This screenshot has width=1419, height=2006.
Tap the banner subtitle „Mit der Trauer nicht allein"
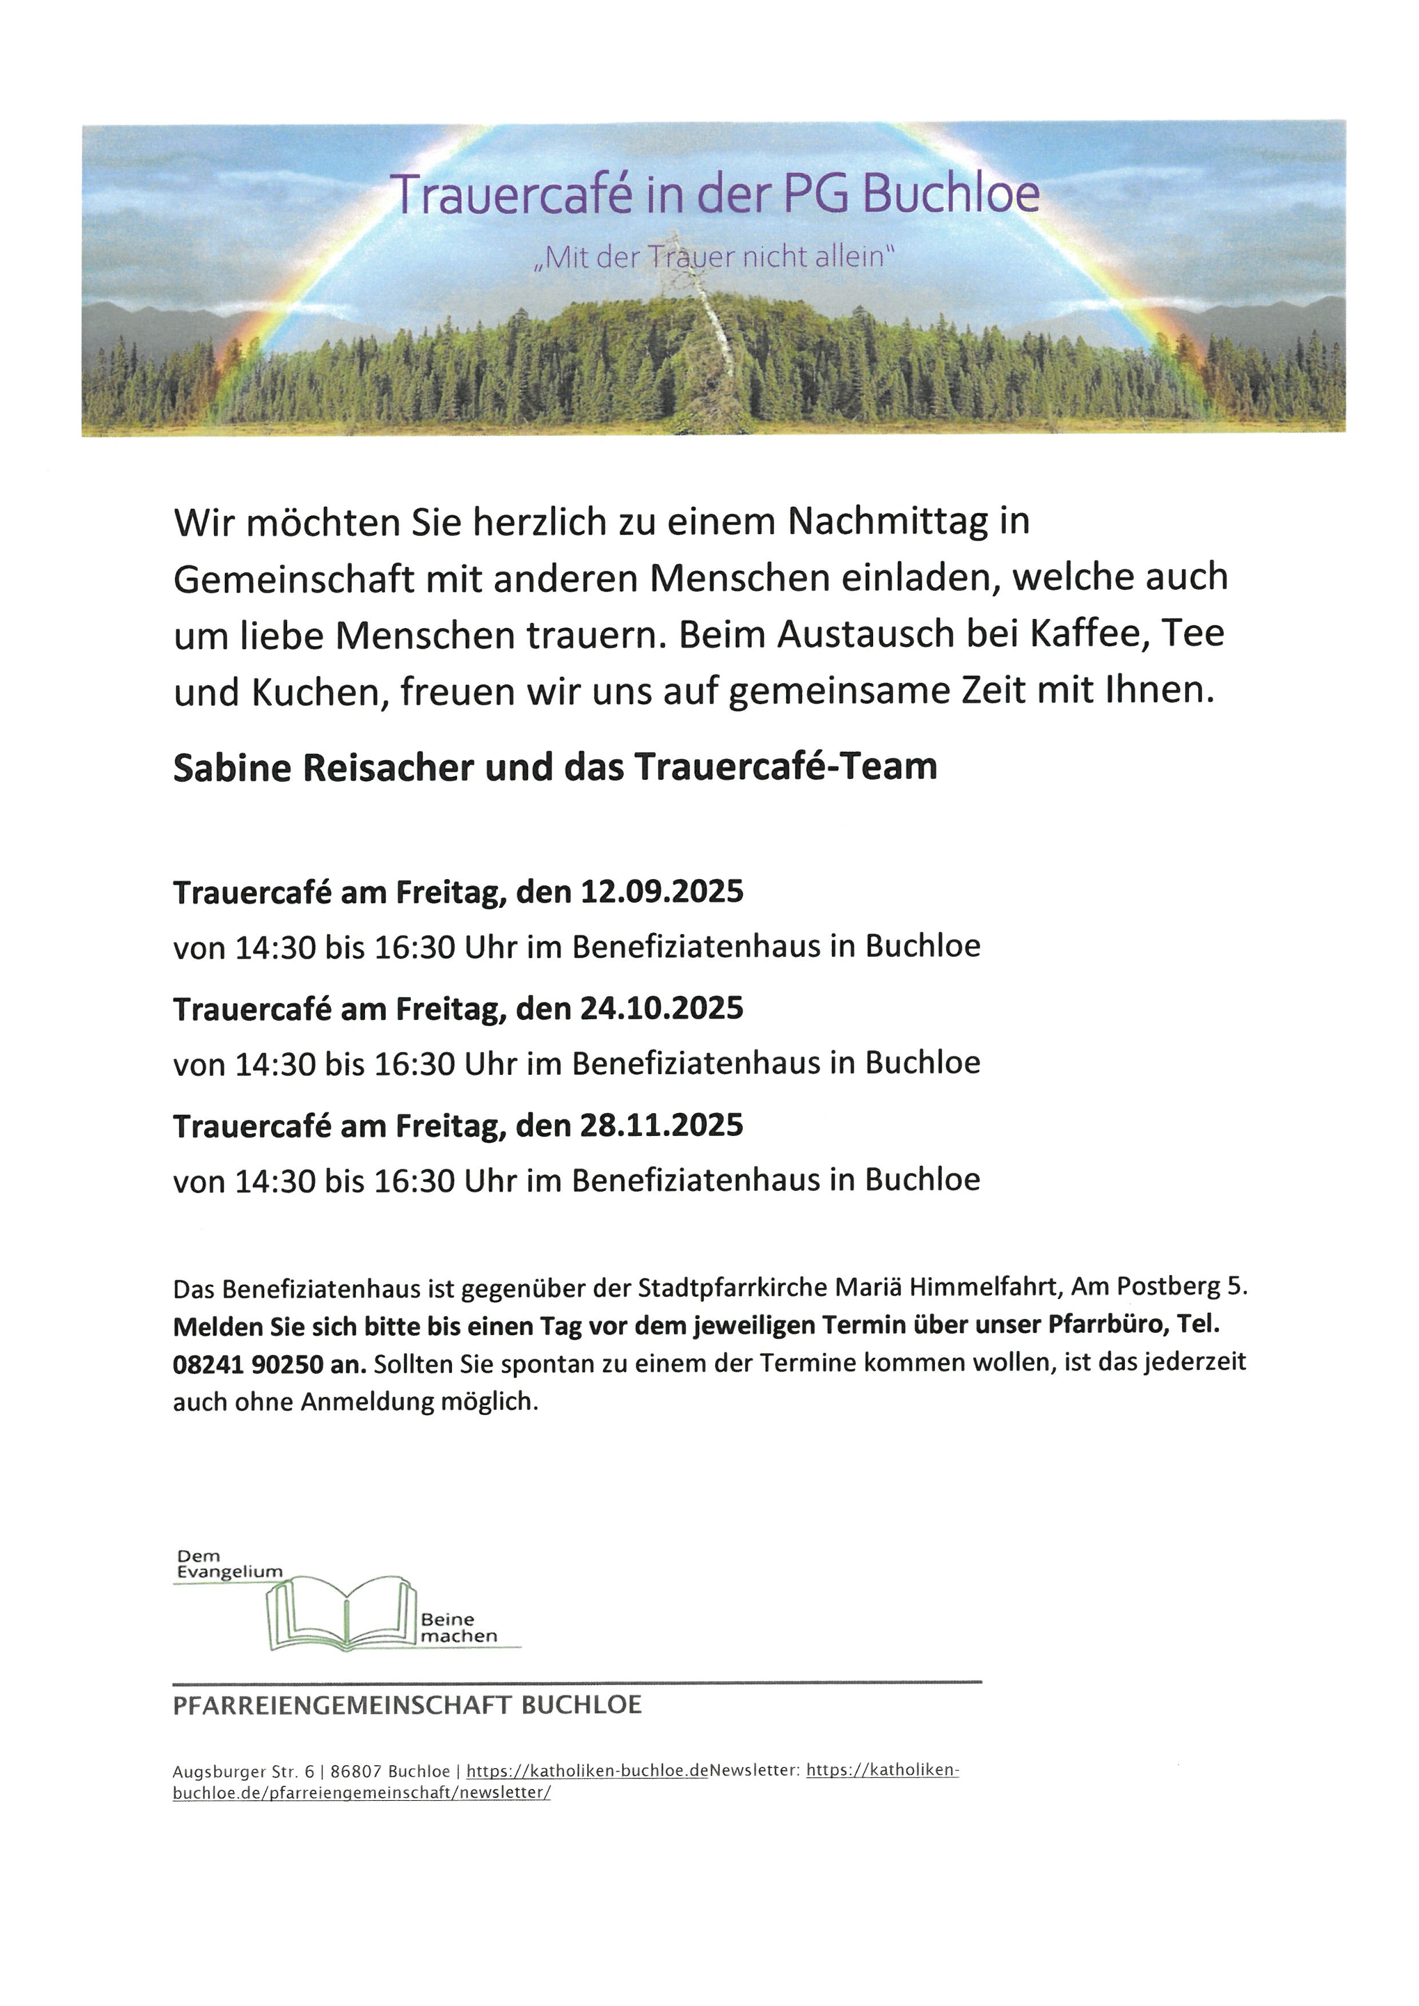715,258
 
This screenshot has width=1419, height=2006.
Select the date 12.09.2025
661,892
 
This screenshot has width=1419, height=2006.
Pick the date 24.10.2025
661,1008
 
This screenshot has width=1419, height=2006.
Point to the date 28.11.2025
661,1125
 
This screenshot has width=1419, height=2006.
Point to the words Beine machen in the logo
458,1628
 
